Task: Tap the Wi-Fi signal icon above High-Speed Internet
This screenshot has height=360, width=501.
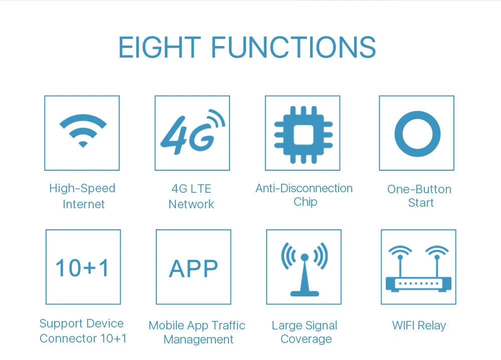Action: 83,131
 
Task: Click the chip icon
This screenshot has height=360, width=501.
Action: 303,133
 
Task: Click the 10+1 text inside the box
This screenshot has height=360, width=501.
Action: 83,268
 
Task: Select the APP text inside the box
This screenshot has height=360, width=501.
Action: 193,268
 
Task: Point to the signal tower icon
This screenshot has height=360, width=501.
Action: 304,268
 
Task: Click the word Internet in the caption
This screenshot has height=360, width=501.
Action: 84,204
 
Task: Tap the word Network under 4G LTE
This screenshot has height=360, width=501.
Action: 191,204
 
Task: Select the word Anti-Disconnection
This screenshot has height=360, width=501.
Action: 304,189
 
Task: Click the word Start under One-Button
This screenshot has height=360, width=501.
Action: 421,203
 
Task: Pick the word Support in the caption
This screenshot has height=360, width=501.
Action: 60,324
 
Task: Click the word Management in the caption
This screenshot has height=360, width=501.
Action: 198,339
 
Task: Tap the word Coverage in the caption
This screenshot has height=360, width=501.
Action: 306,339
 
